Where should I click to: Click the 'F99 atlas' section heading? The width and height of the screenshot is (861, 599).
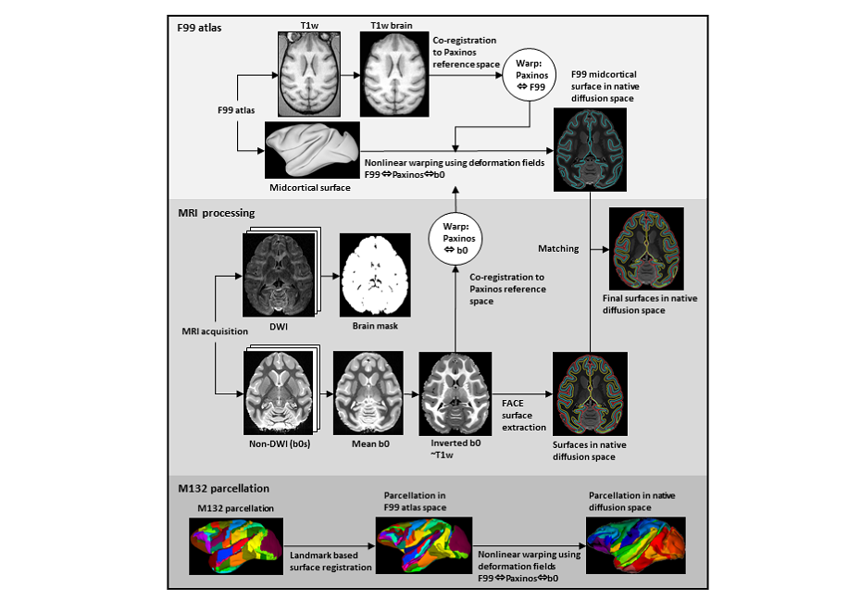(x=200, y=29)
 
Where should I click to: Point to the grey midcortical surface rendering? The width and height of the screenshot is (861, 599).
(x=311, y=152)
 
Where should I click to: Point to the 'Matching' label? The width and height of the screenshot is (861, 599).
(x=558, y=248)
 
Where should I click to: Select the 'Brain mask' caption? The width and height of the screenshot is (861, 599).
(x=375, y=327)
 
